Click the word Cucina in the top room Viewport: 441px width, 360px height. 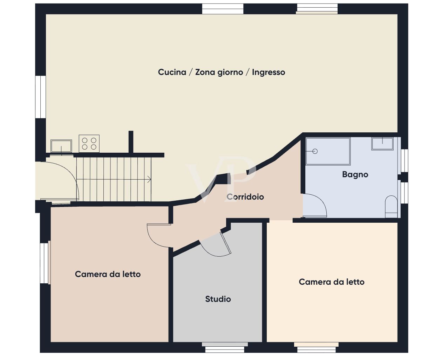pos(172,72)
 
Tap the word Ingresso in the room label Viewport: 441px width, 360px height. pos(269,72)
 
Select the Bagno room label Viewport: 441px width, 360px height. pos(355,174)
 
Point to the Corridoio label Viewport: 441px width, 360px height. pos(245,197)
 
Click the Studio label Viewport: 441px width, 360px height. pos(218,299)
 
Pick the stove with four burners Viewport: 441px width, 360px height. pos(89,143)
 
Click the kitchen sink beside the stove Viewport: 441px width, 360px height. pos(61,146)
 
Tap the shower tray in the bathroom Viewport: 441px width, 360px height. pos(328,151)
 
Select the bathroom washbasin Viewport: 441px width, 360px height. pos(382,143)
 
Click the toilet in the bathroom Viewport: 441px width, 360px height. pos(391,207)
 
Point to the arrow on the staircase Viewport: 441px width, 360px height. pos(149,180)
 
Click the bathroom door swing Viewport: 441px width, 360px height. pos(316,207)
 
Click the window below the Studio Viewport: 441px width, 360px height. pos(225,349)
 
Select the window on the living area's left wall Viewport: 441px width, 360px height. pos(41,97)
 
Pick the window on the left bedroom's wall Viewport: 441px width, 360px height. pos(45,263)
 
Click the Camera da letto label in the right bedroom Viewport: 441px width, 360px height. pos(332,282)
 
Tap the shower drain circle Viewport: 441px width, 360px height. pos(315,151)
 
